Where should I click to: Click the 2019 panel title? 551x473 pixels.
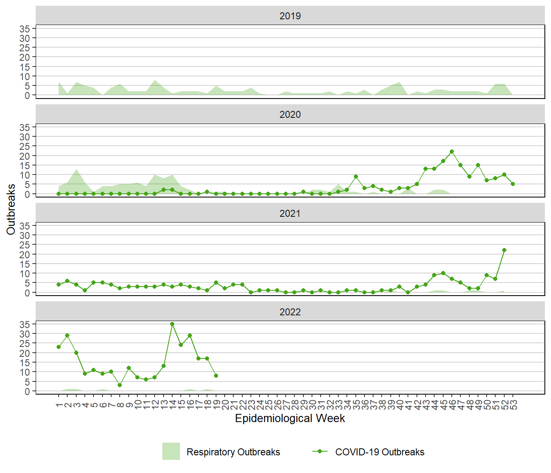[x=290, y=16]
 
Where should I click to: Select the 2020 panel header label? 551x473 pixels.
[x=290, y=115]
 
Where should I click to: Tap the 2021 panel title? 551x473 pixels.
[x=290, y=214]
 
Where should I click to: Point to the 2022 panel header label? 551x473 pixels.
[x=290, y=312]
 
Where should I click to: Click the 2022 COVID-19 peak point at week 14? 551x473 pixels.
[x=172, y=324]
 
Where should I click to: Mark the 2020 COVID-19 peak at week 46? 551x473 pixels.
[x=452, y=152]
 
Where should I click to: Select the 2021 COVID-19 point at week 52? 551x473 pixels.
[x=504, y=250]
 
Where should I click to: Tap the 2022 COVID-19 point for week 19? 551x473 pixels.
[x=216, y=376]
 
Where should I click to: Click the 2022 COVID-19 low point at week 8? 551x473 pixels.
[x=120, y=385]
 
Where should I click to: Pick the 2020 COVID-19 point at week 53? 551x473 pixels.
[x=513, y=184]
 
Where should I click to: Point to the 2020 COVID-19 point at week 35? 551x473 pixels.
[x=356, y=177]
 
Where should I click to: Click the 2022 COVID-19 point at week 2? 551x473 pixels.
[x=67, y=335]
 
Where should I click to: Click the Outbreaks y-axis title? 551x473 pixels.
[x=11, y=209]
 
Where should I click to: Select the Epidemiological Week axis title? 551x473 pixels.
[x=290, y=418]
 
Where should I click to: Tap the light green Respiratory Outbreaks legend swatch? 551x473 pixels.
[x=171, y=451]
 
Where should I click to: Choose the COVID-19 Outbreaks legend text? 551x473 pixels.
[x=380, y=452]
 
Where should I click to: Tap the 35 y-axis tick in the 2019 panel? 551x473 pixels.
[x=25, y=29]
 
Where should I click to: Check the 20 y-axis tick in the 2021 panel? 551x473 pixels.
[x=25, y=255]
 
